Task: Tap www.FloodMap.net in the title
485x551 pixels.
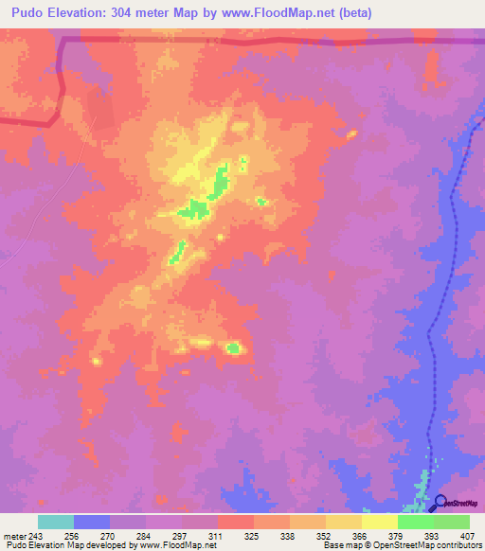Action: coord(283,12)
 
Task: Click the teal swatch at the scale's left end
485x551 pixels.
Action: coord(56,522)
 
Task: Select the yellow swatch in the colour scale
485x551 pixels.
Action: coord(379,522)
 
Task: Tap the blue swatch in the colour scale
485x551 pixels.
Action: coord(92,522)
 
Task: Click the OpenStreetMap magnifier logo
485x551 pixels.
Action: coord(440,502)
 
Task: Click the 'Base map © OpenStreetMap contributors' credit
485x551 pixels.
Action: coord(402,545)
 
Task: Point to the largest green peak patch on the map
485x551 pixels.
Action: coord(197,208)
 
